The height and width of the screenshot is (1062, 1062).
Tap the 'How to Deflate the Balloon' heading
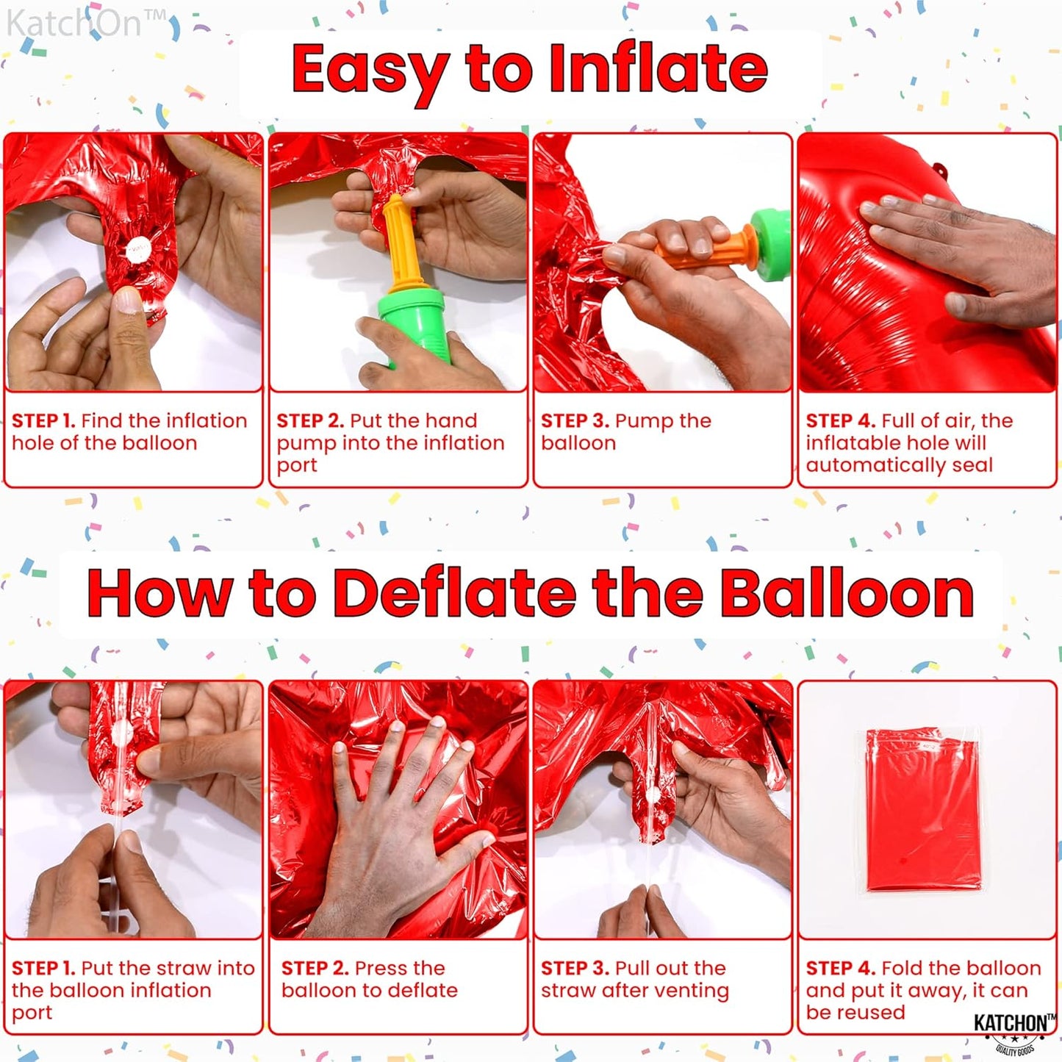[x=530, y=594]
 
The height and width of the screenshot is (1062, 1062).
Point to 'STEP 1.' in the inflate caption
[x=43, y=421]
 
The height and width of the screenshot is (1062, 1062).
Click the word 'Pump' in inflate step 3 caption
[x=643, y=421]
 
